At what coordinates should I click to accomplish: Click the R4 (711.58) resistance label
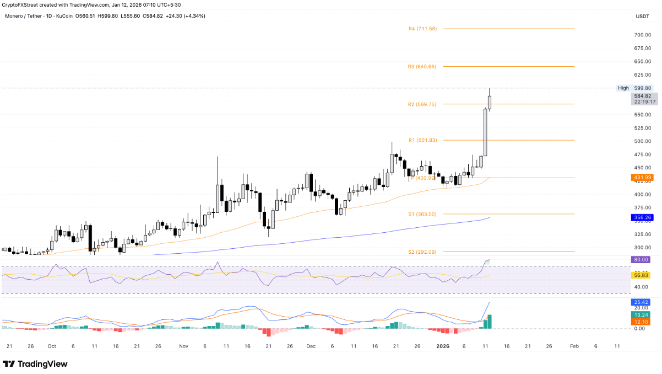(423, 29)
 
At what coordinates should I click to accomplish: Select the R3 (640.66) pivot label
(422, 67)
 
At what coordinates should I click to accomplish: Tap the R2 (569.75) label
(422, 104)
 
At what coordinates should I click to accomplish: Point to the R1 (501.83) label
(422, 140)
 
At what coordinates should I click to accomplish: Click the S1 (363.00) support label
(422, 214)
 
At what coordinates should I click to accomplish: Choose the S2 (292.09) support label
(422, 252)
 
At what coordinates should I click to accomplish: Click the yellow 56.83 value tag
(641, 275)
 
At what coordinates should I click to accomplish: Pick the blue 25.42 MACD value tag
(641, 302)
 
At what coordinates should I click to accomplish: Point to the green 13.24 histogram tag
(641, 314)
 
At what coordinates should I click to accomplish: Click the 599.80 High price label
(642, 88)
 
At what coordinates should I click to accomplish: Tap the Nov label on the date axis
(183, 346)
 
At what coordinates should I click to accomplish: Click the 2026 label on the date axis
(443, 346)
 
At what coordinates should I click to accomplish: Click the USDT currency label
(642, 17)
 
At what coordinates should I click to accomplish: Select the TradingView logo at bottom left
(35, 364)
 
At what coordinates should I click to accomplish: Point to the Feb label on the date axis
(574, 346)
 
